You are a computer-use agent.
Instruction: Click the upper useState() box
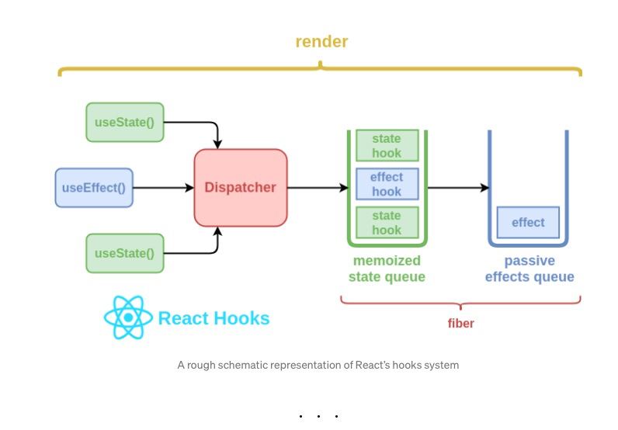125,122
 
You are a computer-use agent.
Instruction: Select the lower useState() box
125,254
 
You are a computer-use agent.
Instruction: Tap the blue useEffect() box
94,188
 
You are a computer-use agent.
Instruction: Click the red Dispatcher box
241,188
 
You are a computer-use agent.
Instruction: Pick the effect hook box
387,184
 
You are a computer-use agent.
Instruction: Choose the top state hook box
387,145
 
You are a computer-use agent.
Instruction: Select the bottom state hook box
387,223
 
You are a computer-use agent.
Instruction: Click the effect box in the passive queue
528,222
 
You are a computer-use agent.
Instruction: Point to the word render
321,41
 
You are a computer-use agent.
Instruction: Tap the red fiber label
460,323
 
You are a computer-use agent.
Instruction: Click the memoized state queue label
387,269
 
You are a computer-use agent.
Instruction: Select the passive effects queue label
529,269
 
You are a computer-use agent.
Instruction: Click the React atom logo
128,317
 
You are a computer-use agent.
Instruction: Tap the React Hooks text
214,318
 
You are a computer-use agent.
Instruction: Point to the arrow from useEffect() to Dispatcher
164,188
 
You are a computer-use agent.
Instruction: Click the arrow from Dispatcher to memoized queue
318,188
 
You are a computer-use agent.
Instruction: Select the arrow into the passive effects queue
458,188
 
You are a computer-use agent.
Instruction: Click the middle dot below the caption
318,416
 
